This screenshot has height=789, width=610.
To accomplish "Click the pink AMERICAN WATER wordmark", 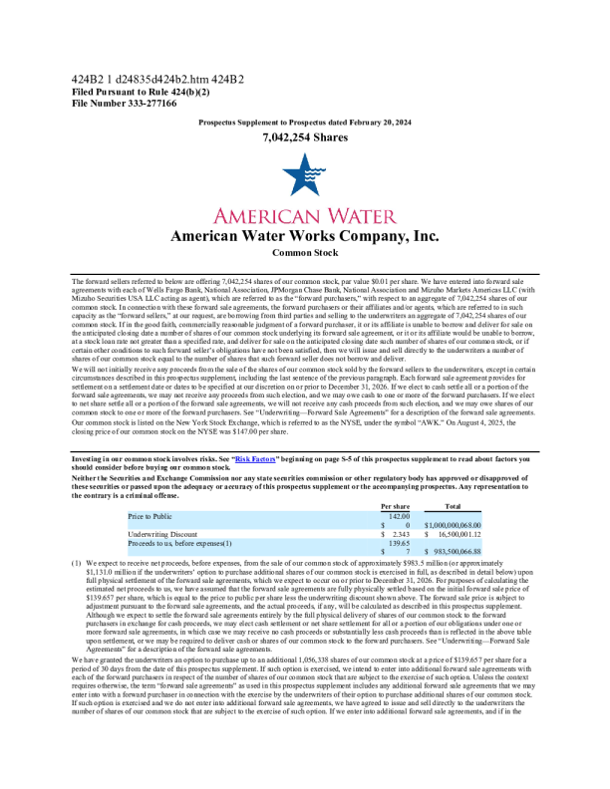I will point(304,216).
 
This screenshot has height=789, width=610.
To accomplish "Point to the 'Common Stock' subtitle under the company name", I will point(304,254).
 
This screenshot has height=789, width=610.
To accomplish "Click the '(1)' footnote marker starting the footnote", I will point(75,563).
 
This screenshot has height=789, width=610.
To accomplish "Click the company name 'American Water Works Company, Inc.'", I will point(304,236).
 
